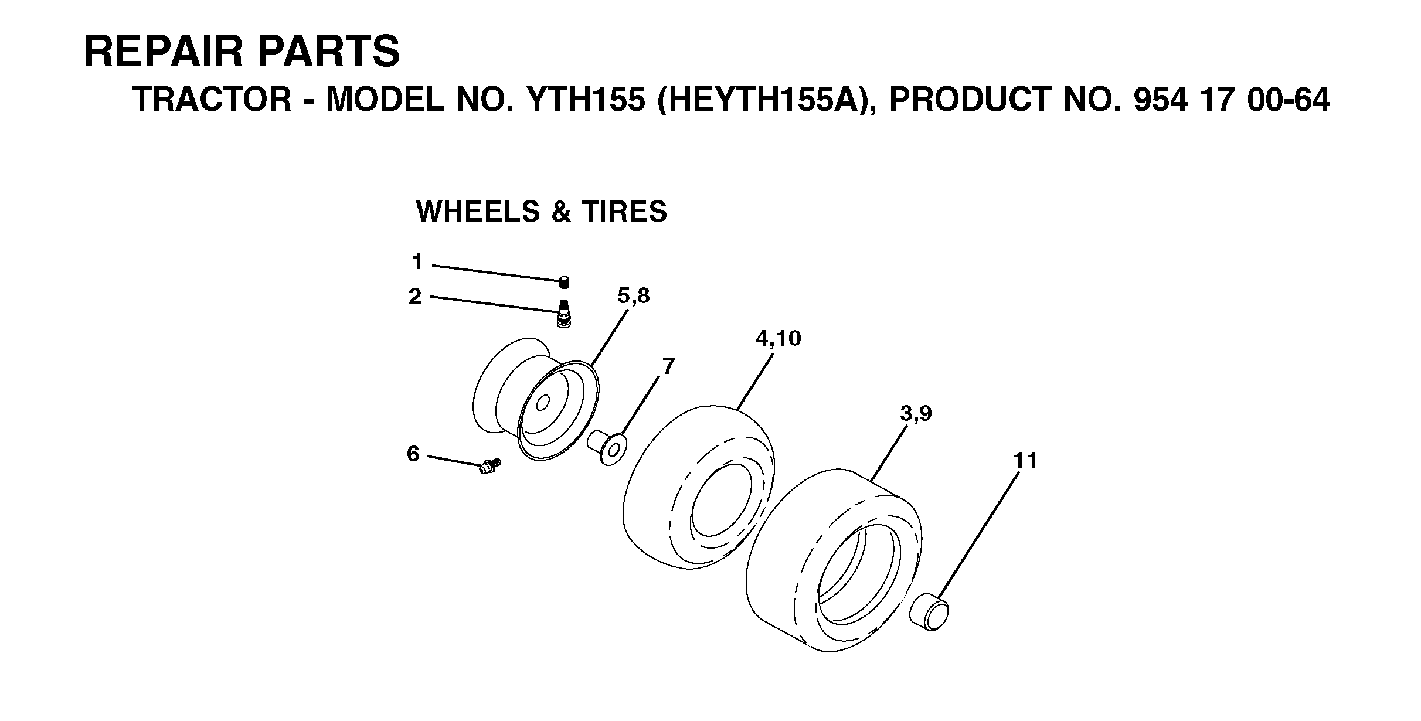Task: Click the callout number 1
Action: tap(417, 261)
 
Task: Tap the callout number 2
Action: tap(415, 297)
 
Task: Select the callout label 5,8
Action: tap(634, 297)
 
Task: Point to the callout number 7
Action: tap(668, 367)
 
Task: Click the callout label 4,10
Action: tap(779, 338)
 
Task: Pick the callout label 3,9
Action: tap(916, 414)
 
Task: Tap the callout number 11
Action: tap(1026, 461)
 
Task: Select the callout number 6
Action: tap(413, 454)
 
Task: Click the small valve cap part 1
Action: tap(564, 283)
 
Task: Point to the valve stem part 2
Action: tap(564, 314)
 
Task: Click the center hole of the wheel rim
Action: tap(543, 403)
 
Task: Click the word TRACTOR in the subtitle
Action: tap(212, 100)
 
